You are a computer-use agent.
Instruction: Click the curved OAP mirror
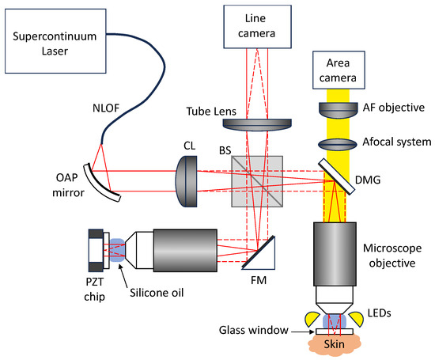tap(102, 176)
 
